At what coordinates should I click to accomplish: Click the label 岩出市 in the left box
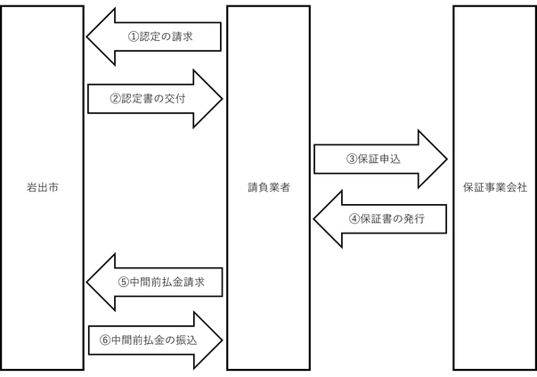point(43,189)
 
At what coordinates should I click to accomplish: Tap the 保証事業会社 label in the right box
point(495,189)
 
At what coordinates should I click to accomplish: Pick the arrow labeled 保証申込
point(380,159)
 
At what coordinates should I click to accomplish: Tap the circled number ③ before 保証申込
point(352,159)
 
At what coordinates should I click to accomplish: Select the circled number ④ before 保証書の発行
point(353,218)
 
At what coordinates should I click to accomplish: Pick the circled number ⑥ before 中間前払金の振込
point(105,340)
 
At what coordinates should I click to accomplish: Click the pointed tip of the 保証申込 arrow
point(445,159)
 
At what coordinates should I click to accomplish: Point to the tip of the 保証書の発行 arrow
point(314,218)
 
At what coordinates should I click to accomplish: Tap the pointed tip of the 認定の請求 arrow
point(87,37)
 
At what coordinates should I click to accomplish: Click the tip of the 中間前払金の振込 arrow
point(220,340)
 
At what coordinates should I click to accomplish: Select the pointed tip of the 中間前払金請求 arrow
point(87,279)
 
